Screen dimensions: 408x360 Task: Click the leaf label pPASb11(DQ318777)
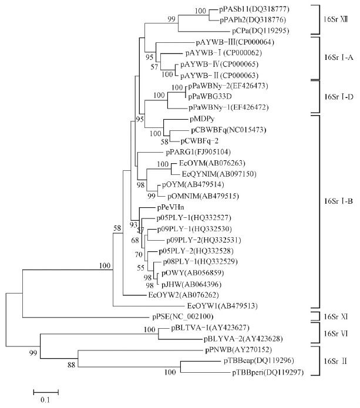253,10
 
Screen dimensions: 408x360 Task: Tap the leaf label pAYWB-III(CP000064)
234,43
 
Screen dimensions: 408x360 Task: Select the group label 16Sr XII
336,19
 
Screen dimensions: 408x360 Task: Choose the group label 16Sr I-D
337,96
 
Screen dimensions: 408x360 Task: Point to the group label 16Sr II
336,360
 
